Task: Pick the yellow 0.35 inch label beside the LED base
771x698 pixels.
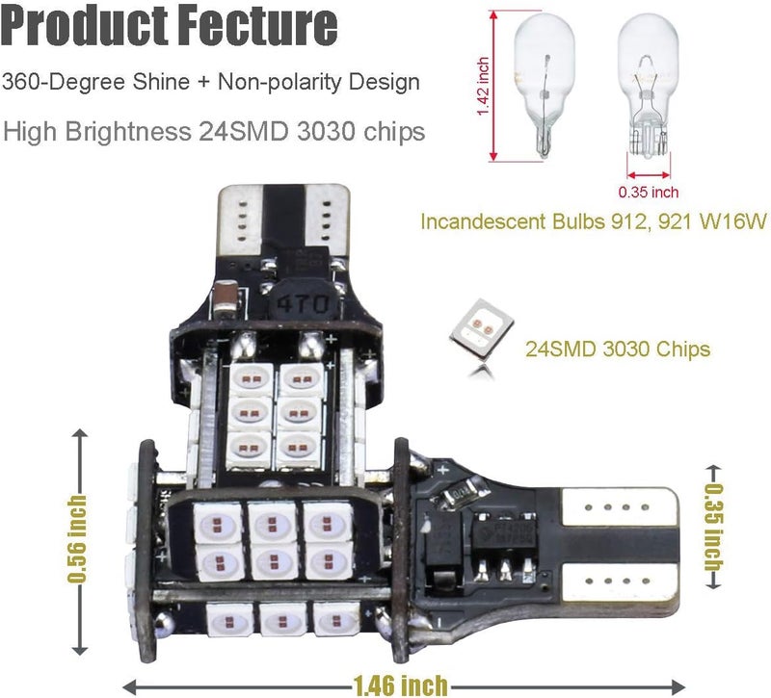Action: (x=714, y=530)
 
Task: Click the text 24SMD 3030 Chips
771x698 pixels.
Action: (x=618, y=349)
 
